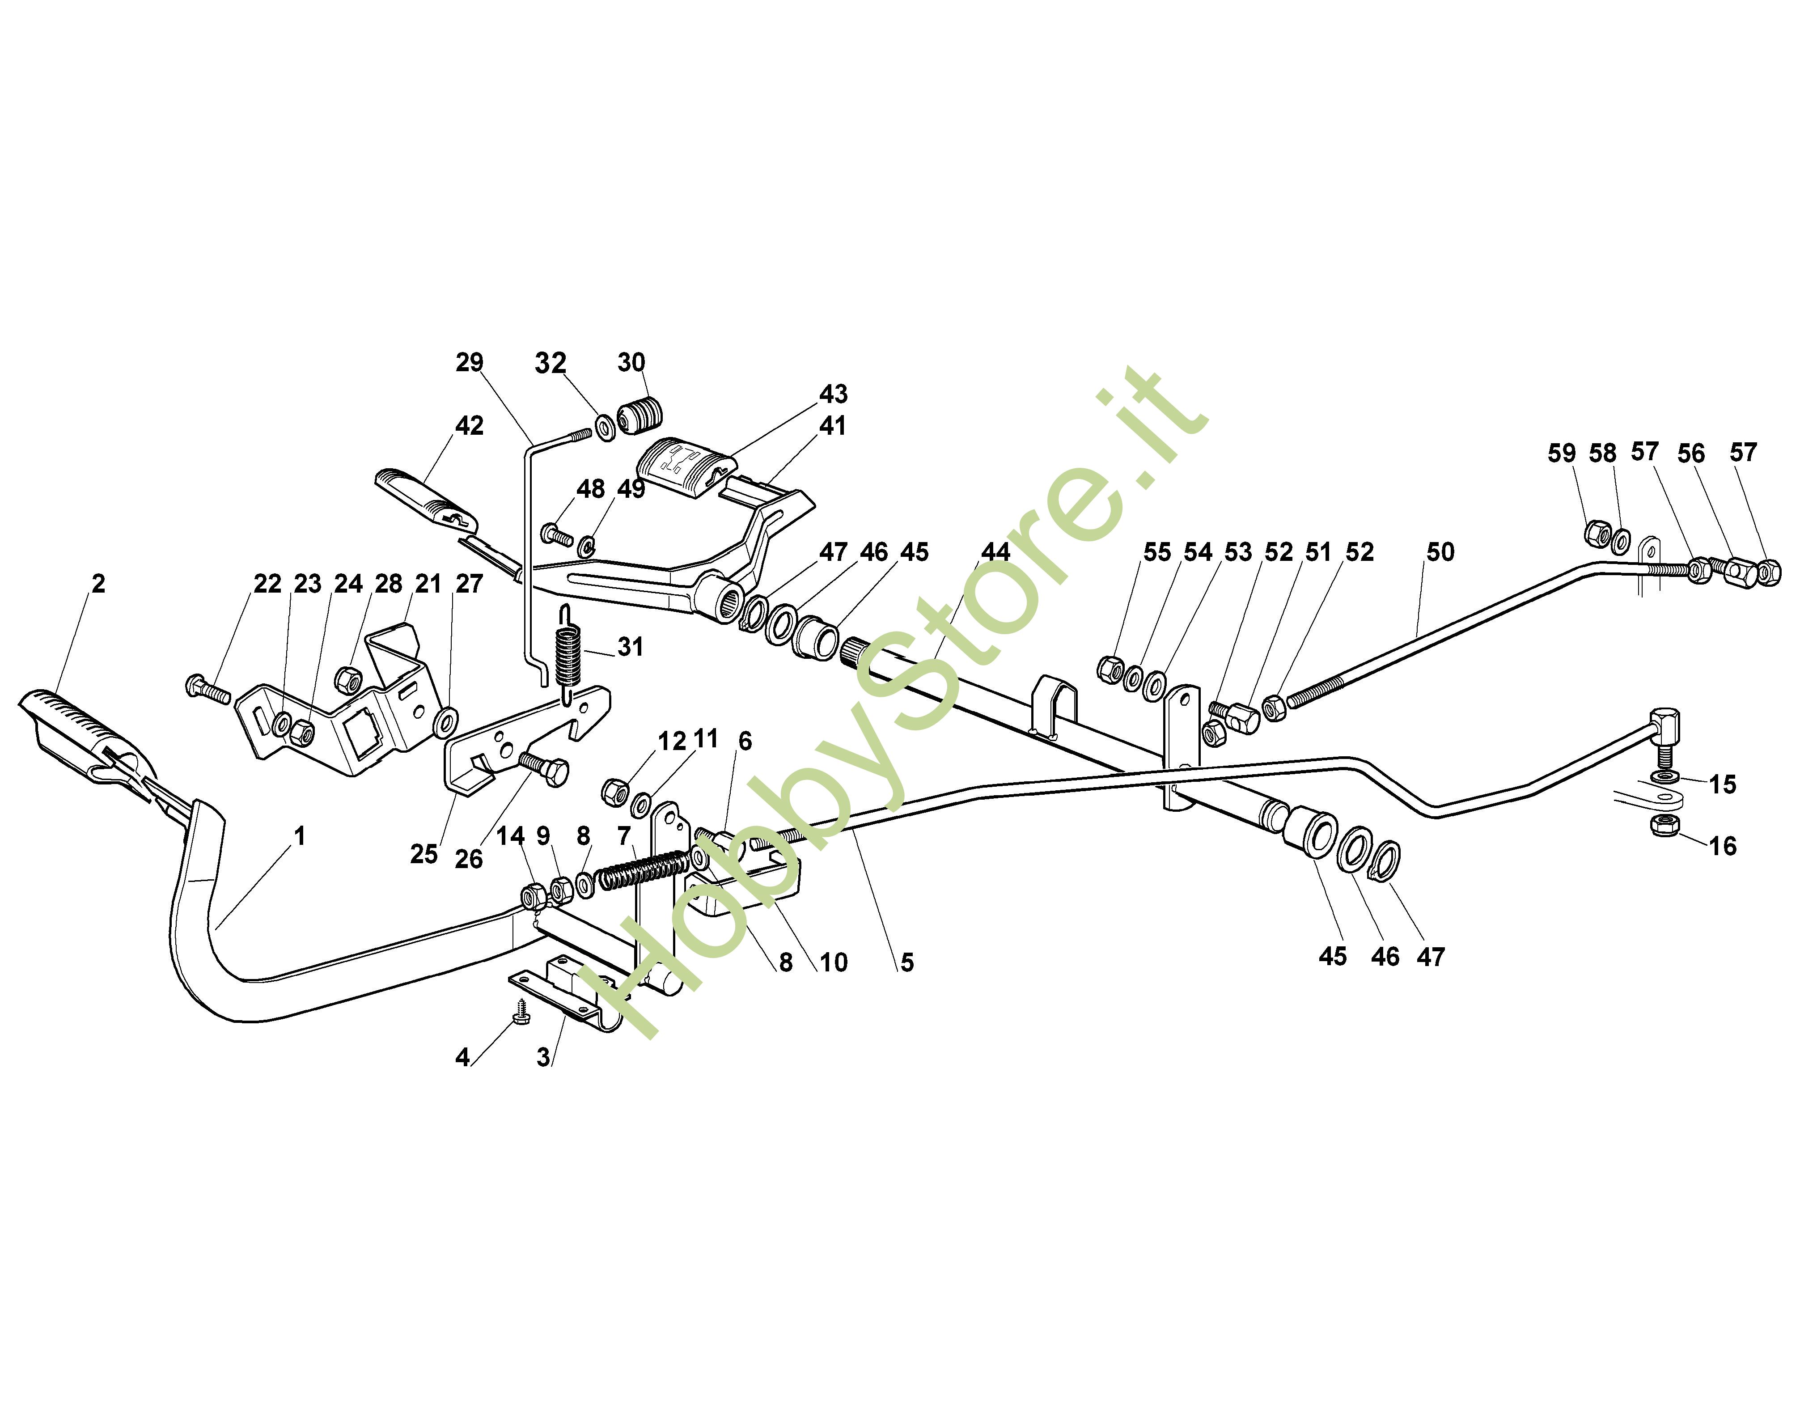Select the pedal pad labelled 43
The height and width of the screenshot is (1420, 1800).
tap(683, 468)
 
